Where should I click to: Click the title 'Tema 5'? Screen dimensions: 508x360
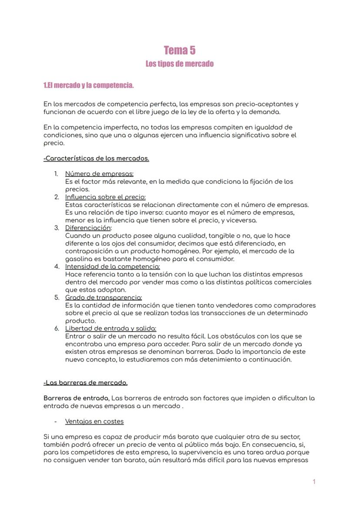pyautogui.click(x=180, y=50)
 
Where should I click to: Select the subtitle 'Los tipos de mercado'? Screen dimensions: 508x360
pyautogui.click(x=180, y=64)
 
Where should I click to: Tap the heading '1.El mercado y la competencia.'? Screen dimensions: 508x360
pyautogui.click(x=89, y=85)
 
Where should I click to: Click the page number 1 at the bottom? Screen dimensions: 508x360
pyautogui.click(x=314, y=481)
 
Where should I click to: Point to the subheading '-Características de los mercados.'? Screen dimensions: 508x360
pyautogui.click(x=96, y=159)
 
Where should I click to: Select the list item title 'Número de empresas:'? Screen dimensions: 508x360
pyautogui.click(x=99, y=174)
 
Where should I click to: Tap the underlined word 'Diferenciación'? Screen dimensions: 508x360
pyautogui.click(x=88, y=228)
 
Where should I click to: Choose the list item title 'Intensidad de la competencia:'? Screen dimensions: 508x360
pyautogui.click(x=112, y=266)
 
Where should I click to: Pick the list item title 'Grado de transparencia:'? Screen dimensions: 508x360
pyautogui.click(x=103, y=298)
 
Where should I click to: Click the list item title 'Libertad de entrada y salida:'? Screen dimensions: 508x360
pyautogui.click(x=110, y=329)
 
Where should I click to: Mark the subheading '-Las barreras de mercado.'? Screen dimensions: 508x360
pyautogui.click(x=86, y=383)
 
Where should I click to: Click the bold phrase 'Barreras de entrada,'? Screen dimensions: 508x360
pyautogui.click(x=77, y=398)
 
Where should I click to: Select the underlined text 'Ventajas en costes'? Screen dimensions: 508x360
pyautogui.click(x=94, y=422)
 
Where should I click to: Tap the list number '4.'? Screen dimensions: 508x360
pyautogui.click(x=57, y=266)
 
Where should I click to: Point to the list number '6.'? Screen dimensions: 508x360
pyautogui.click(x=57, y=329)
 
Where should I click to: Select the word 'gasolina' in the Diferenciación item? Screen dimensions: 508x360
pyautogui.click(x=78, y=259)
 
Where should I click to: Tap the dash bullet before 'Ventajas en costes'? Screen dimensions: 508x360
pyautogui.click(x=56, y=422)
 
